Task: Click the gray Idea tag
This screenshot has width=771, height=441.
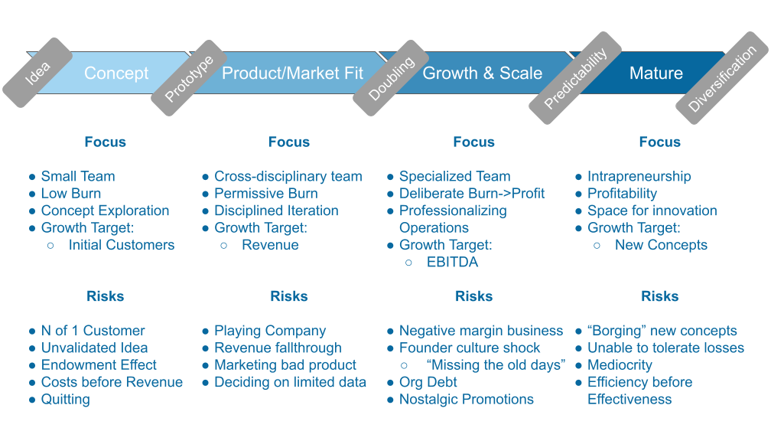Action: pos(37,73)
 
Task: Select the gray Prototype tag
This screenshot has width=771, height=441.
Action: pos(189,78)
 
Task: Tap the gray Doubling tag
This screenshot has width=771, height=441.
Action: pos(391,78)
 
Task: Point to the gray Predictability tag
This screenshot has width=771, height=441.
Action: pos(575,77)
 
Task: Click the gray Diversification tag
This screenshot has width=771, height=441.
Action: pos(721,78)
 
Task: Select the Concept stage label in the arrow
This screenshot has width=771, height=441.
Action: pos(116,73)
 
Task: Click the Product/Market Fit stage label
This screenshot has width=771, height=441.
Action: pos(292,73)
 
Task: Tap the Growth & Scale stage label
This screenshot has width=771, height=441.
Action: pos(482,73)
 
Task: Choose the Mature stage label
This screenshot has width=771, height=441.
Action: pos(656,73)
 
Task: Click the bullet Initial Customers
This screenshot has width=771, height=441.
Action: pos(121,245)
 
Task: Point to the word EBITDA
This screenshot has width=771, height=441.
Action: pos(452,262)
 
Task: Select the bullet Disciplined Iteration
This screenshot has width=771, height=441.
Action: pos(276,211)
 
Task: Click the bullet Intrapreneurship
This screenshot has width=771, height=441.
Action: pos(639,176)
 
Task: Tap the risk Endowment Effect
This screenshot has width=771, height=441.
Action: pos(99,365)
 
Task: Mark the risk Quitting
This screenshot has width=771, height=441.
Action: pos(65,399)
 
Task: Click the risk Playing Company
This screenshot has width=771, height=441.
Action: pos(270,331)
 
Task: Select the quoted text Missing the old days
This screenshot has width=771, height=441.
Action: pos(496,365)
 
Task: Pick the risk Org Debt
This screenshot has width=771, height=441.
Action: pos(428,382)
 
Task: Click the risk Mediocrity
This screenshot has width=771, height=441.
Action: pos(620,365)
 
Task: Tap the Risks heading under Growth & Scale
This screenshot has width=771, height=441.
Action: pos(473,296)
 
